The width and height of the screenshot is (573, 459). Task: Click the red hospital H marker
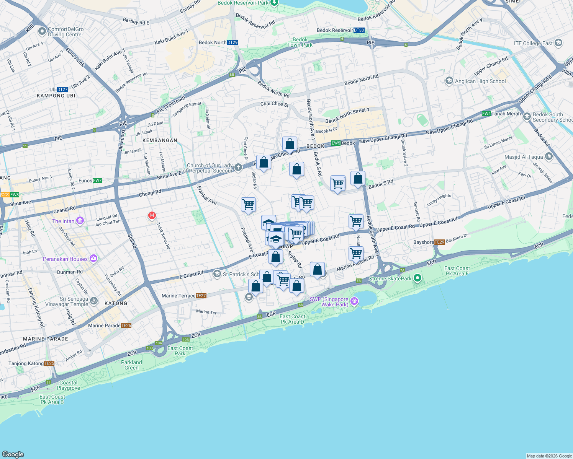pos(152,216)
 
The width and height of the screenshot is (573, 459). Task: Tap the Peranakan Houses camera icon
pos(93,259)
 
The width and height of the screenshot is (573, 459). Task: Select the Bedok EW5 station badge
pos(336,143)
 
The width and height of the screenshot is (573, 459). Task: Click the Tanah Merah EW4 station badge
pos(486,114)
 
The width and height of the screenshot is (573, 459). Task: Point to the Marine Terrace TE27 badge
pos(201,296)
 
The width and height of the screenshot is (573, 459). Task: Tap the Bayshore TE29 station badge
pos(440,242)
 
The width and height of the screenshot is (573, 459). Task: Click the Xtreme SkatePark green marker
pos(417,278)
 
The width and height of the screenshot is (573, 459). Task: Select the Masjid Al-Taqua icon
pos(549,156)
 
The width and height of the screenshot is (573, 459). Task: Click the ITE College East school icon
pos(558,43)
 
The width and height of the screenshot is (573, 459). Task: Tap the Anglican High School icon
pos(449,81)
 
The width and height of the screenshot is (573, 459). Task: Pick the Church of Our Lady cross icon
pos(238,167)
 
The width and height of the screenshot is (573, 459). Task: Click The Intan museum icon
pos(80,221)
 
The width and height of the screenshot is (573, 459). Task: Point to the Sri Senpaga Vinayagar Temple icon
pos(93,302)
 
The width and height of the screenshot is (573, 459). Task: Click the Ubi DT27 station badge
pos(62,90)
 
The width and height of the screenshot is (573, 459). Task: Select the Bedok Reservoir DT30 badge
pos(359,30)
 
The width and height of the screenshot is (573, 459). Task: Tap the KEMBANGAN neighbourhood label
pos(160,140)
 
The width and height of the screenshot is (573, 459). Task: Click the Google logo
pos(13,454)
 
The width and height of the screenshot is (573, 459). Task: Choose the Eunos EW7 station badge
pos(97,181)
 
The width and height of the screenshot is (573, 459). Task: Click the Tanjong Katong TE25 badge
pos(49,363)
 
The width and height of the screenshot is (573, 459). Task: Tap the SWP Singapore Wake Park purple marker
pos(354,301)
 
